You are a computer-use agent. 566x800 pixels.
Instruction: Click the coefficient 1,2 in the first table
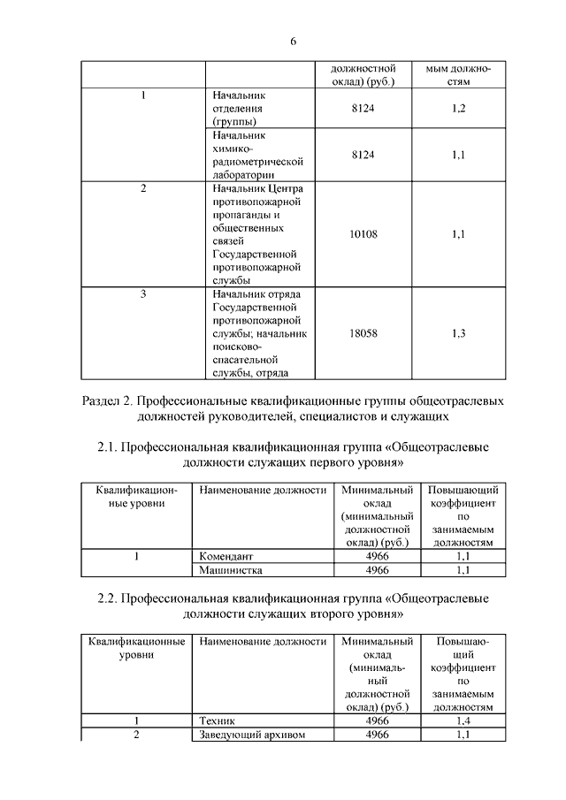(458, 108)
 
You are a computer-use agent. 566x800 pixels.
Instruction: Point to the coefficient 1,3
(458, 333)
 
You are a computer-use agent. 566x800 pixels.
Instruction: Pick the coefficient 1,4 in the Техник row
(461, 721)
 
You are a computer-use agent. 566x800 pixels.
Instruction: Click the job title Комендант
(227, 557)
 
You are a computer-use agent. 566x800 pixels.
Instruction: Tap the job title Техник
(218, 721)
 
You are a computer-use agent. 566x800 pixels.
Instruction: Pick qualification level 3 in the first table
(143, 293)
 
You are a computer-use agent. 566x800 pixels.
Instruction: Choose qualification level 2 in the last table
(136, 735)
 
